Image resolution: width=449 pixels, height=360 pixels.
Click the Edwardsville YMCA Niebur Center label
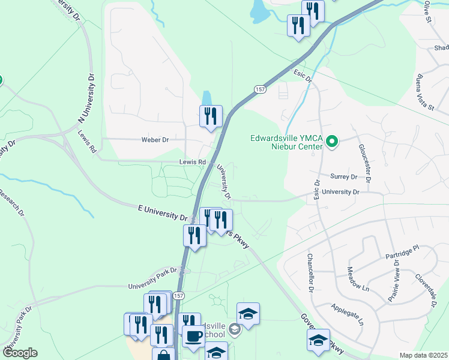click(287, 142)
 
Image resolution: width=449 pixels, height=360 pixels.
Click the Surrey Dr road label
click(343, 177)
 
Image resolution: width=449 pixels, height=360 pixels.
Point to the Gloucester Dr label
click(366, 163)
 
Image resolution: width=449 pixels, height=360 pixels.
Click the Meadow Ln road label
click(357, 279)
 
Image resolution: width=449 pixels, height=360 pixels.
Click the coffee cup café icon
click(193, 337)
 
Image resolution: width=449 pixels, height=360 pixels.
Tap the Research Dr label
click(12, 203)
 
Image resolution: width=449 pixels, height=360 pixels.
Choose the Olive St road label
click(428, 12)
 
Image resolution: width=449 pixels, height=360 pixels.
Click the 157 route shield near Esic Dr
click(259, 89)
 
